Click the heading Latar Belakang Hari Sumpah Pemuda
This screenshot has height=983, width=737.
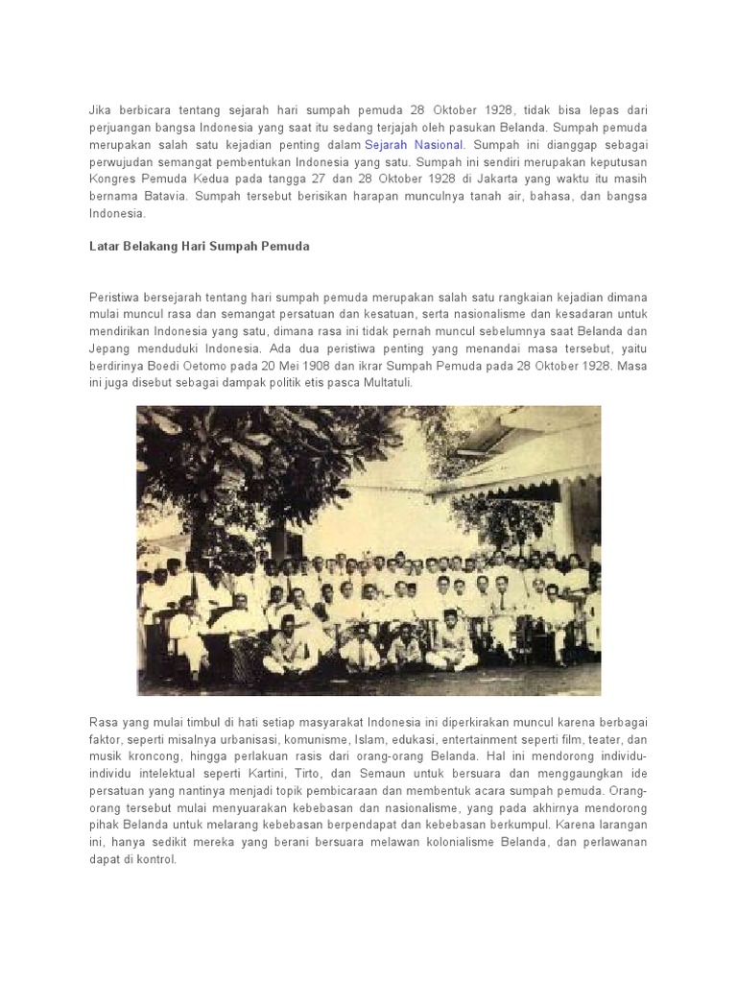[x=200, y=247]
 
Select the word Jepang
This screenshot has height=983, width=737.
[x=109, y=348]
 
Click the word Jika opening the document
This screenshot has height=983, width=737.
[x=100, y=110]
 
